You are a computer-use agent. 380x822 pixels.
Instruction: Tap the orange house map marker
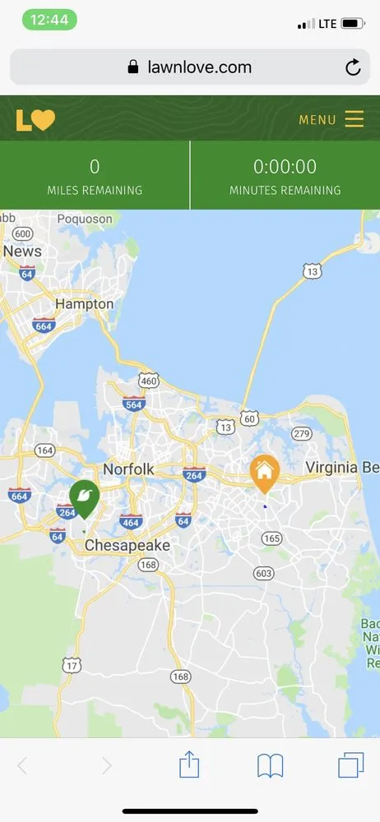(264, 473)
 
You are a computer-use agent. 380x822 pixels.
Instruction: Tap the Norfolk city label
(128, 469)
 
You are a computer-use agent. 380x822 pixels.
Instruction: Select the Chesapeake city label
(127, 545)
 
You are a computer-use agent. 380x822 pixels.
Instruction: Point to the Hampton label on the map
(84, 304)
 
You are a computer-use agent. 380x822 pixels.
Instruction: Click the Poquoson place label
(85, 219)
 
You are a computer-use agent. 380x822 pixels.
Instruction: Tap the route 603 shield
(264, 573)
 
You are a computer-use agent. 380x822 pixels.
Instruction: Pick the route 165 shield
(271, 538)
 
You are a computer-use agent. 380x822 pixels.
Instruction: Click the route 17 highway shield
(72, 665)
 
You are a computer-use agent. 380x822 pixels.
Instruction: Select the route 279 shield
(302, 433)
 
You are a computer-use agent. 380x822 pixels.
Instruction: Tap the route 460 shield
(148, 381)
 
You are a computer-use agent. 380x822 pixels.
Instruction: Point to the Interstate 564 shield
(134, 403)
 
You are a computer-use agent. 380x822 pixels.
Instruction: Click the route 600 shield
(22, 233)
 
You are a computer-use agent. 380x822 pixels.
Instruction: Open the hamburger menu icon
(355, 119)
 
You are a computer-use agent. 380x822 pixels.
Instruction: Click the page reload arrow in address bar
(353, 67)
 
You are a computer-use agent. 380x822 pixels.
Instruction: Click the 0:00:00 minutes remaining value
(285, 167)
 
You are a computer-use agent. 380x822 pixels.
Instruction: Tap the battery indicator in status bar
(353, 24)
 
